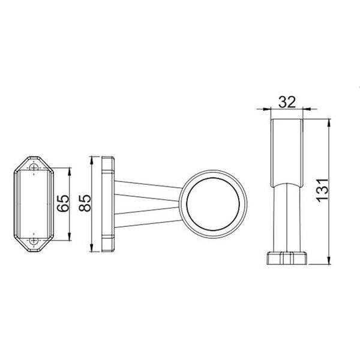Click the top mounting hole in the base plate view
(x=35, y=167)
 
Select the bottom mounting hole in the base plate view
(x=35, y=242)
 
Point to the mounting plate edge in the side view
(x=107, y=204)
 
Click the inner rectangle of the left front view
(x=35, y=204)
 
